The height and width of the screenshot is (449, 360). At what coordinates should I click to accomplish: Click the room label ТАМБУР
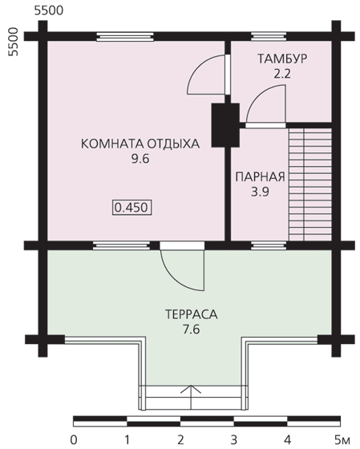point(282,59)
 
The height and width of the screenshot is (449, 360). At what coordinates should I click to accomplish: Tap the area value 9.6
point(140,159)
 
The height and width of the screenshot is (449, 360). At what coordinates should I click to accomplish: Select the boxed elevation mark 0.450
point(131,207)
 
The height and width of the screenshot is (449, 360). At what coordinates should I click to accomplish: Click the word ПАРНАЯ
point(260,177)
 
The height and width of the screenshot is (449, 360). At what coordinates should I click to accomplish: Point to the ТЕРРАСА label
point(192,314)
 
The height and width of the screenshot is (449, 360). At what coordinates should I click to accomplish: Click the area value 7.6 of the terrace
point(192,330)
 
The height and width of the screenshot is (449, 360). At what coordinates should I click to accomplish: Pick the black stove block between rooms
point(225,125)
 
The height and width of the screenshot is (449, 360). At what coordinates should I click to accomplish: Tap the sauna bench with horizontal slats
point(310,184)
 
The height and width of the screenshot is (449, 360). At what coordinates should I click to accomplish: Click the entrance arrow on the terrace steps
point(191,397)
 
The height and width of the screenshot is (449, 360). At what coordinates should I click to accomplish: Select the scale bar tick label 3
point(234,440)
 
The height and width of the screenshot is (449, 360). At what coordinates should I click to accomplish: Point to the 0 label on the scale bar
point(74,440)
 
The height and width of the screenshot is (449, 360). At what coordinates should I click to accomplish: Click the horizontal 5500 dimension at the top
point(49,10)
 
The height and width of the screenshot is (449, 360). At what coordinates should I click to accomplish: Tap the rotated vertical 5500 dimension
point(13,42)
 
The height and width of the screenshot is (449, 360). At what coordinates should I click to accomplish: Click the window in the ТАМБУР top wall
point(269,37)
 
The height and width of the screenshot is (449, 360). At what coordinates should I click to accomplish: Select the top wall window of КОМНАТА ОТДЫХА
point(125,37)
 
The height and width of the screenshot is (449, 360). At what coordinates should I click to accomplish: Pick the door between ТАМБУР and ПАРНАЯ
point(265,125)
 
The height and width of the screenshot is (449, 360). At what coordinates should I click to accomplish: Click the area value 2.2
point(282,74)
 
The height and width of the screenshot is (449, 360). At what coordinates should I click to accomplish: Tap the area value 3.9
point(260,192)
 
